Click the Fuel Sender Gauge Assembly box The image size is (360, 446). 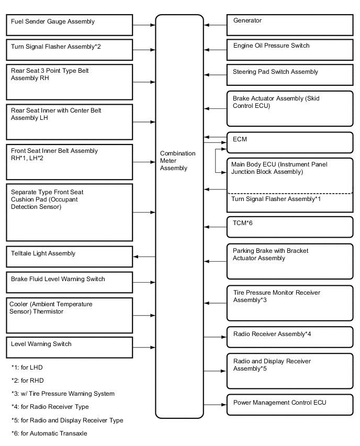(70, 25)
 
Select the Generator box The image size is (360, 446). (290, 25)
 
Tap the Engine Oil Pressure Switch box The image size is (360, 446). (290, 50)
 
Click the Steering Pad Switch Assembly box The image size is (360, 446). (290, 75)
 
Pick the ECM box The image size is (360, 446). (290, 142)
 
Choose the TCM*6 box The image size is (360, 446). (290, 227)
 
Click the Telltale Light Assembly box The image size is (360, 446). (70, 257)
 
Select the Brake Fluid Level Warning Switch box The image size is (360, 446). (70, 282)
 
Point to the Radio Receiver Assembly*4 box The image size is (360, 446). (290, 337)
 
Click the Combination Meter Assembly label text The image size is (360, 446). (178, 161)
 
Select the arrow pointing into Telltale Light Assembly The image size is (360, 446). (144, 257)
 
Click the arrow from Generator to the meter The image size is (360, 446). (215, 25)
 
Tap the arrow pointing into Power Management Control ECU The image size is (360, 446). (215, 405)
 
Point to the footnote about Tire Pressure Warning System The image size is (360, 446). (62, 394)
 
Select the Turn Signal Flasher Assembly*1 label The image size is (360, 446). (276, 199)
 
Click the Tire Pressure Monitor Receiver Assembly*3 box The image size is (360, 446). (290, 303)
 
